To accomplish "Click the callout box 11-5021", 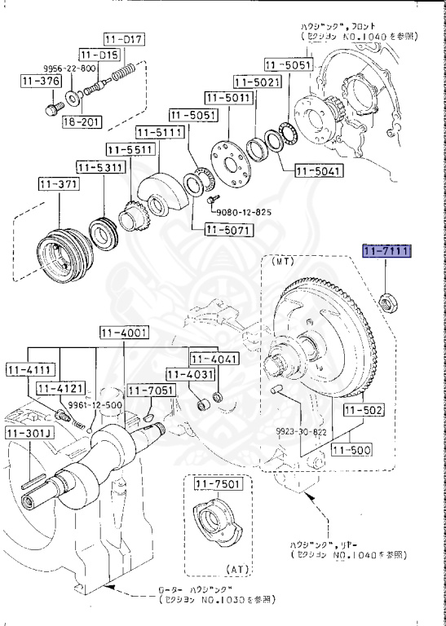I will (258, 82).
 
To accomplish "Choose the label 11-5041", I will (319, 171).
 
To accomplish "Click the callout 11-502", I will (362, 410).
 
